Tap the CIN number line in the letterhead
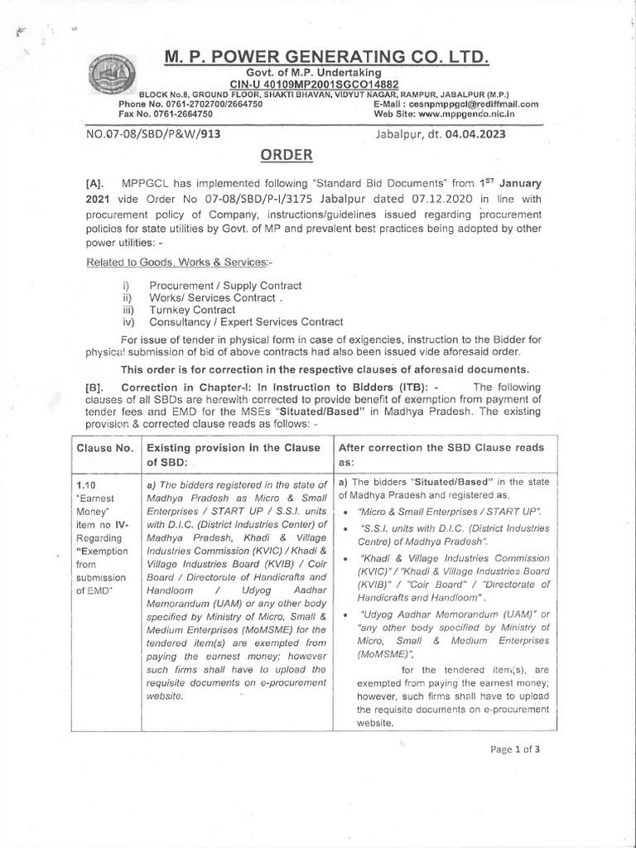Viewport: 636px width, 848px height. pyautogui.click(x=314, y=84)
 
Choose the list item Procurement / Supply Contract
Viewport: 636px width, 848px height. pyautogui.click(x=224, y=286)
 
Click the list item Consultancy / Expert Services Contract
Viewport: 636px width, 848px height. pyautogui.click(x=245, y=321)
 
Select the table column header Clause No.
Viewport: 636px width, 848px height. pyautogui.click(x=105, y=447)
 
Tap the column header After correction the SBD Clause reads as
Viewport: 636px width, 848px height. pyautogui.click(x=441, y=455)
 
